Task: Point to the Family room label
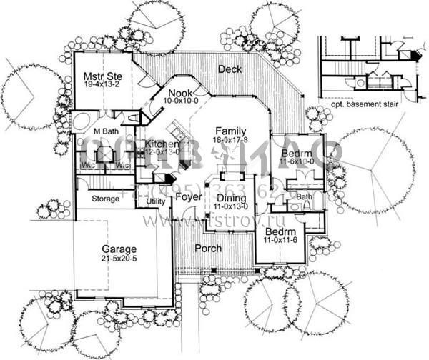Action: pos(230,131)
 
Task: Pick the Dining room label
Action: pos(231,199)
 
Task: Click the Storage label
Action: pos(105,199)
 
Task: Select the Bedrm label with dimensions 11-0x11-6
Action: pos(279,233)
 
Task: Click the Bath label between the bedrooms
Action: pos(305,196)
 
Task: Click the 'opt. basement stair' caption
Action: pos(365,104)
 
